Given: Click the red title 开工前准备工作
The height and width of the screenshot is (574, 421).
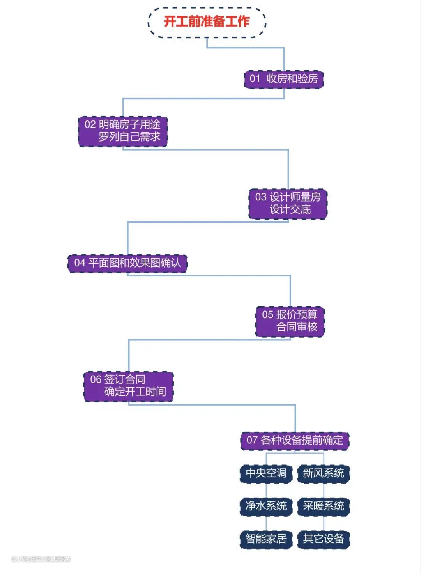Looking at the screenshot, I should point(207,21).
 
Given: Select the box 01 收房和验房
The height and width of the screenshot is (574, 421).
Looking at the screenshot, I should point(284,79).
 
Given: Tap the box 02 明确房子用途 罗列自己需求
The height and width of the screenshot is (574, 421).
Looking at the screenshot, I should point(123,131).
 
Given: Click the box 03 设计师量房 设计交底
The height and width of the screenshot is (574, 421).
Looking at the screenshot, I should point(288,204).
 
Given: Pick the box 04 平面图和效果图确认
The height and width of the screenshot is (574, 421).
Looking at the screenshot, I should point(127,263).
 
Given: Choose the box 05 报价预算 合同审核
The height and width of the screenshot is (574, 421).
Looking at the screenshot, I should point(290,321).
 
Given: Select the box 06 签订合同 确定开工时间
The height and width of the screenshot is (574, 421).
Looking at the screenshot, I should point(128,386).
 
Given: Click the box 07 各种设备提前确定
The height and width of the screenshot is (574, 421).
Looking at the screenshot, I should point(295,441).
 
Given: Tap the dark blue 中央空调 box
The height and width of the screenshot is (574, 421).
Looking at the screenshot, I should point(266,473).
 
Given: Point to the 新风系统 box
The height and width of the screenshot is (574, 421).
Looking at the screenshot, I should point(324,473).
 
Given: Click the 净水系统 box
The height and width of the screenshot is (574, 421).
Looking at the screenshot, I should point(266,506).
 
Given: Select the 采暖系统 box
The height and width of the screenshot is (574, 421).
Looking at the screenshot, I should point(324,506).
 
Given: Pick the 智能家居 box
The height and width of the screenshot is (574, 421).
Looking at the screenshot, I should point(266,539).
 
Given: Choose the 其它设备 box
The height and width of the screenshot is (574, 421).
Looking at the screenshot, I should point(324,539).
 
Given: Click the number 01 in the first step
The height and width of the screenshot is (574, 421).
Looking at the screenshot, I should point(255,79).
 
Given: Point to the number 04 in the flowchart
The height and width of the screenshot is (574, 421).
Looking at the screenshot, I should point(80,263).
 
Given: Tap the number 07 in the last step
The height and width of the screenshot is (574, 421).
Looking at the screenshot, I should point(252,441).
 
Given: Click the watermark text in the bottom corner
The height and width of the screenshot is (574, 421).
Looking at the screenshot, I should point(41,559).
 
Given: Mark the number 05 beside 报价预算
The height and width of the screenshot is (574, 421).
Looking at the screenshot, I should point(267,315).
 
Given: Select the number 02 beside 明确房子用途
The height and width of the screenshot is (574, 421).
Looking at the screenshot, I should point(90,125).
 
